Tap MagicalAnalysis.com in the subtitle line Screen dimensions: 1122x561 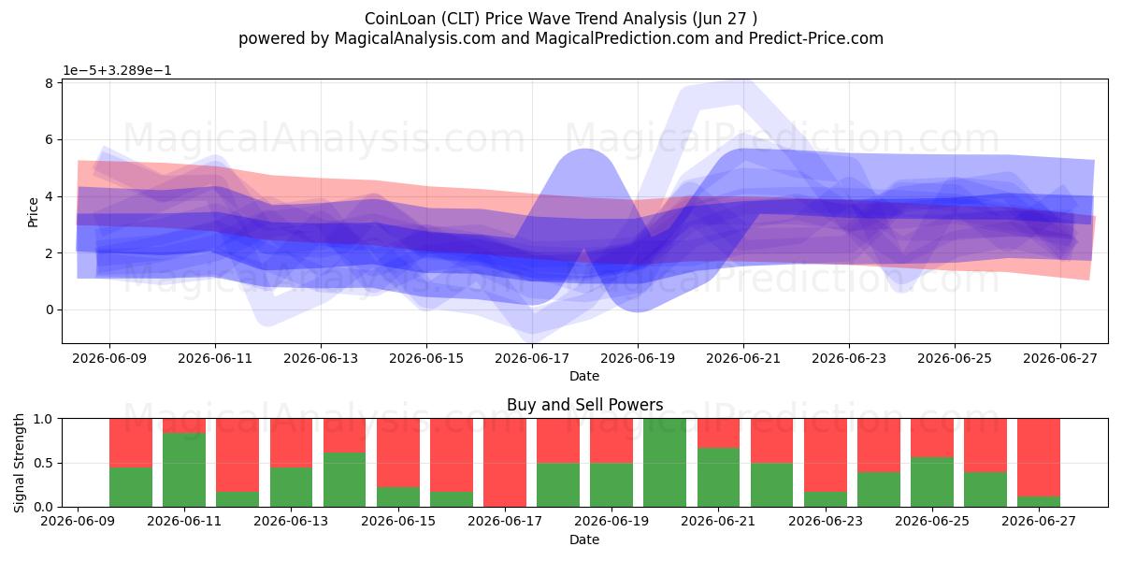tap(415, 38)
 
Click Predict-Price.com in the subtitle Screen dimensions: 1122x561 tap(816, 38)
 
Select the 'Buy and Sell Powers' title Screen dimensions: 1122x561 tap(584, 404)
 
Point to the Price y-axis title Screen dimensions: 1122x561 tap(33, 212)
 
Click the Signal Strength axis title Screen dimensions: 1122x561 tap(19, 463)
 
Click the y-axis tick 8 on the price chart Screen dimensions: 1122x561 tap(49, 83)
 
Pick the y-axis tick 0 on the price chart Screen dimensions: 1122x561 tap(49, 310)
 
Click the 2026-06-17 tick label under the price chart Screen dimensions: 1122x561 tap(532, 359)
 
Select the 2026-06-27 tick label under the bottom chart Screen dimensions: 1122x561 tap(1039, 522)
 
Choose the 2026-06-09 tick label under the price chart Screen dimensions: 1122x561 tap(109, 359)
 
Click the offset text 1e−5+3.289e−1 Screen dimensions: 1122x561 tap(117, 70)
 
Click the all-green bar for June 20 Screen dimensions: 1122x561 tap(665, 463)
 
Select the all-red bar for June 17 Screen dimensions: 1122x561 tap(505, 463)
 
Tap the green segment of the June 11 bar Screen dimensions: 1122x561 tap(184, 469)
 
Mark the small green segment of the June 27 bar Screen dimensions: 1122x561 tap(1039, 501)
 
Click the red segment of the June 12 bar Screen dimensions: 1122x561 tap(237, 455)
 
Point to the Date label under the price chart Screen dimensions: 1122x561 tap(584, 376)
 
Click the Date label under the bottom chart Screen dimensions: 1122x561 tap(584, 539)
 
